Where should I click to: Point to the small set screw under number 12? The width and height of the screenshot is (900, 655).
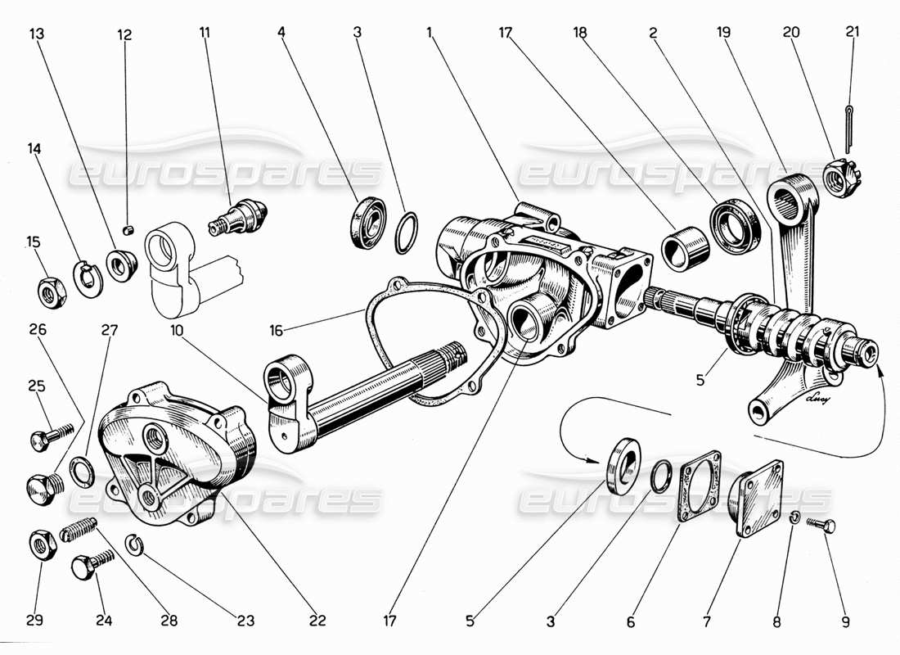point(127,230)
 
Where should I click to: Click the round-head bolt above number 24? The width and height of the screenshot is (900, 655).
point(88,565)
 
